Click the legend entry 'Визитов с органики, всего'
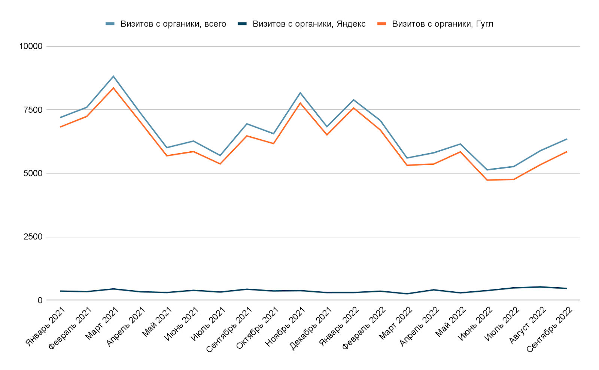point(173,24)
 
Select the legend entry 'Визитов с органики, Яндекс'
point(309,24)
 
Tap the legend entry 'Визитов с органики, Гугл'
point(443,24)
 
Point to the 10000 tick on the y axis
point(31,46)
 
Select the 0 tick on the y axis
point(40,300)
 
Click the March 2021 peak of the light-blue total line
point(113,76)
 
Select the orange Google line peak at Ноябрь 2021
point(300,103)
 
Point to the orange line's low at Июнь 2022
point(487,180)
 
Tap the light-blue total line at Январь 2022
point(353,100)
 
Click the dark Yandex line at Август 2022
point(540,287)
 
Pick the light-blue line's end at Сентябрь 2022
point(567,139)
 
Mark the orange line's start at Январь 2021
point(60,127)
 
